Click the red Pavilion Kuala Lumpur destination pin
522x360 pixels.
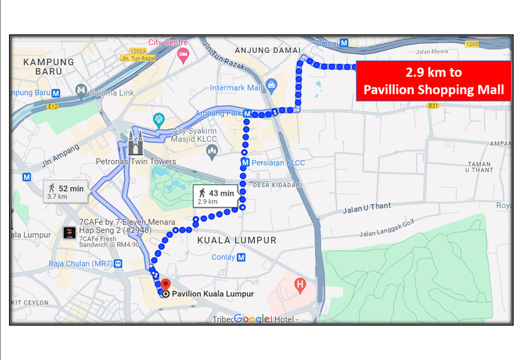pyautogui.click(x=165, y=284)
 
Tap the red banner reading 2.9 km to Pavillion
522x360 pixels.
pyautogui.click(x=433, y=81)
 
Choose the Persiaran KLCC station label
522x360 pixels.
pyautogui.click(x=278, y=162)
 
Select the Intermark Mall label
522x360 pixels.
pyautogui.click(x=236, y=87)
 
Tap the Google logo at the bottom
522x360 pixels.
pyautogui.click(x=251, y=318)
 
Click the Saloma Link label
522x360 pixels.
pyautogui.click(x=113, y=93)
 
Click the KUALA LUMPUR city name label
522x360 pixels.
pyautogui.click(x=236, y=240)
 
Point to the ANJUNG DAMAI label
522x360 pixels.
pyautogui.click(x=274, y=50)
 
